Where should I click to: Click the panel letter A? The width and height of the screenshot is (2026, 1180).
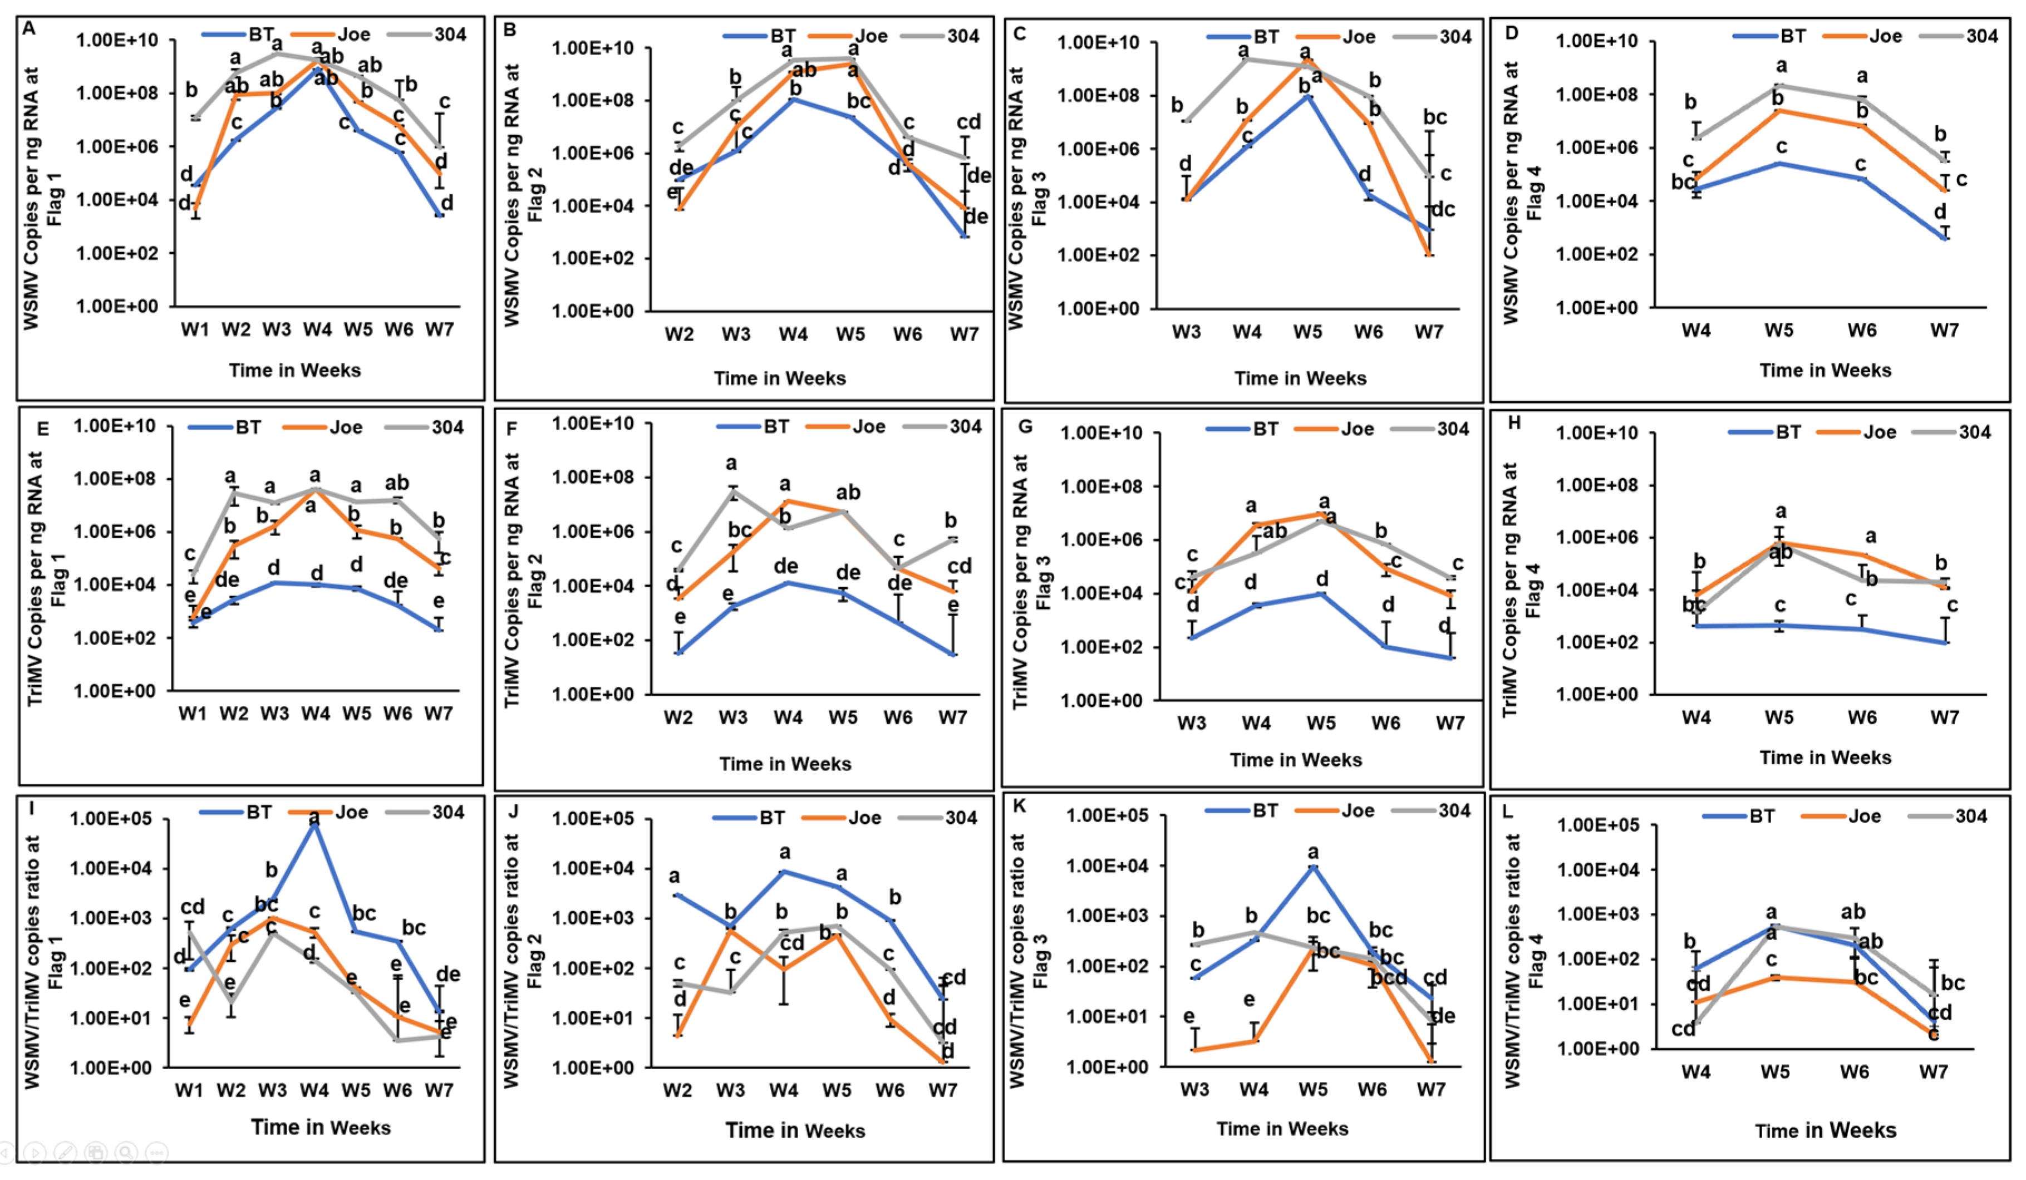coord(29,29)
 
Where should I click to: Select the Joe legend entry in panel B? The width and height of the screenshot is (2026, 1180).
coord(871,36)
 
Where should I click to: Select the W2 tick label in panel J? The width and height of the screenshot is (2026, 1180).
coord(677,1091)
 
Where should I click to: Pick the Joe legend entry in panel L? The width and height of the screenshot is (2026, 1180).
coord(1863,817)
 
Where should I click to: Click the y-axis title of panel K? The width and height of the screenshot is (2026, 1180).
coord(1018,961)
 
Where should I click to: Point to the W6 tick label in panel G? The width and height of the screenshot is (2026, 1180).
coord(1385,724)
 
